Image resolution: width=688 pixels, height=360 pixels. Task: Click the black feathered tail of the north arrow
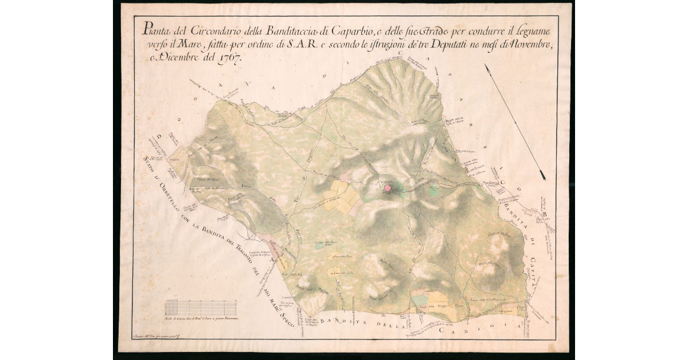[x=541, y=174]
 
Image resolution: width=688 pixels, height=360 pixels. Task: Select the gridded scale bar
[x=201, y=308]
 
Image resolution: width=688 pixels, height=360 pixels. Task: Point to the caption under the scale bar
[x=201, y=319]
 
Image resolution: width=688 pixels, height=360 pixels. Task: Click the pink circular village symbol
[x=388, y=187]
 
